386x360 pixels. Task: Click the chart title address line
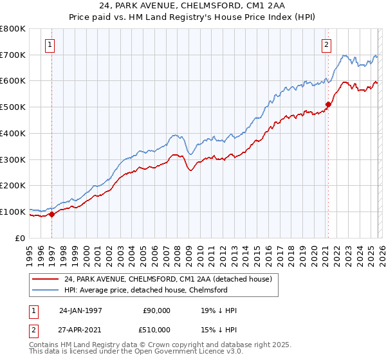click(x=193, y=6)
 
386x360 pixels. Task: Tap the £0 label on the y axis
click(x=21, y=238)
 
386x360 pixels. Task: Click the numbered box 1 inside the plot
click(x=50, y=45)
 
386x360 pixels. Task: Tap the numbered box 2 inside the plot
click(x=327, y=45)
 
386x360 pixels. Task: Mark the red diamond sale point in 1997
click(x=52, y=215)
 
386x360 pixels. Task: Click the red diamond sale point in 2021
click(x=327, y=104)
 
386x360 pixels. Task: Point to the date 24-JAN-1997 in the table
click(x=80, y=310)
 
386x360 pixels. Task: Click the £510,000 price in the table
click(x=156, y=330)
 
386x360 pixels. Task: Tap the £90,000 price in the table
click(x=156, y=310)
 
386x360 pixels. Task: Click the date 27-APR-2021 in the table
click(x=80, y=330)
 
